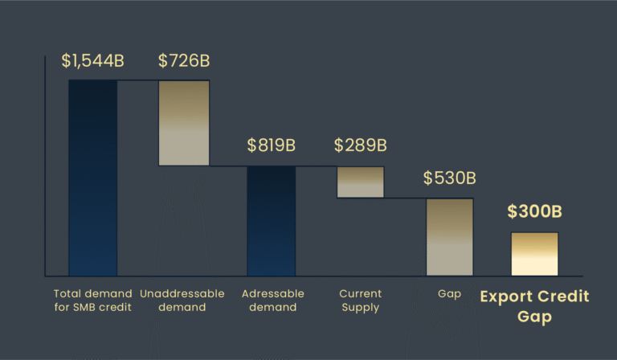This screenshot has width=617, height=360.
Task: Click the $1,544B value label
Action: [92, 61]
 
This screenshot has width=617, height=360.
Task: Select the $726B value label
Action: [184, 61]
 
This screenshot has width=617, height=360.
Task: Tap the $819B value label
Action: [271, 145]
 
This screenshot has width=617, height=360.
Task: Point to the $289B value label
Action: [361, 145]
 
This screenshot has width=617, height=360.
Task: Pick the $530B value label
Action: [450, 178]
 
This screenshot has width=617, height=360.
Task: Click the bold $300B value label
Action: [534, 212]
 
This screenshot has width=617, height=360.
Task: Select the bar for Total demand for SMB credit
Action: [92, 178]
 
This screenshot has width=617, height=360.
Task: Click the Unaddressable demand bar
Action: [184, 122]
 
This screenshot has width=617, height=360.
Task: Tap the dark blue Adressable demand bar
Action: [271, 221]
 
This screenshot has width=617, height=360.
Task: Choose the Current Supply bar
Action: [361, 182]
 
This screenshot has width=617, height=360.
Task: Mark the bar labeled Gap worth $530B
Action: [450, 237]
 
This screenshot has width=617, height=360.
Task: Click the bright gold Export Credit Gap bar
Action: [534, 254]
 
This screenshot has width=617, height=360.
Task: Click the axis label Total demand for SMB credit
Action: [92, 301]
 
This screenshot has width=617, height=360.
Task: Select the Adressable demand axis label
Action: [271, 301]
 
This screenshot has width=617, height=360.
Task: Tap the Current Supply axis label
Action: [361, 301]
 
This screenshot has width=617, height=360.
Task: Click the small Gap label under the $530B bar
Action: [450, 294]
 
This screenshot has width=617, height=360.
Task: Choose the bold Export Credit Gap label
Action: [534, 306]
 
